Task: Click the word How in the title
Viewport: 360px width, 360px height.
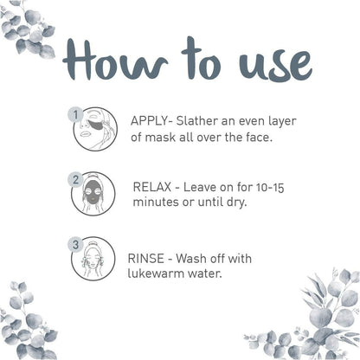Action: pyautogui.click(x=115, y=60)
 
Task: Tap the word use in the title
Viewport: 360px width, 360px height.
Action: pyautogui.click(x=275, y=66)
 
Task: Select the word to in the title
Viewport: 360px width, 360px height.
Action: pyautogui.click(x=201, y=58)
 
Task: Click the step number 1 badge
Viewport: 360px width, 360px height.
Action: pyautogui.click(x=75, y=115)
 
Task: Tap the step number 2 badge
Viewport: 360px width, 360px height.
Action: pyautogui.click(x=75, y=180)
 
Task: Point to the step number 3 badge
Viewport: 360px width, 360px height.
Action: pyautogui.click(x=75, y=245)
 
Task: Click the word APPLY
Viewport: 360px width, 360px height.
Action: pyautogui.click(x=150, y=121)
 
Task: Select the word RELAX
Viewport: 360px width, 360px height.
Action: pyautogui.click(x=152, y=187)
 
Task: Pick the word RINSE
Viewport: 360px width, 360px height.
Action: pyautogui.click(x=146, y=259)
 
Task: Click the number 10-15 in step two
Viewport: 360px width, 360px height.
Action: pyautogui.click(x=270, y=188)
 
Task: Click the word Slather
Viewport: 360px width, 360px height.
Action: pyautogui.click(x=197, y=121)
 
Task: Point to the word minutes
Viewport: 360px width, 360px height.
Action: pyautogui.click(x=156, y=202)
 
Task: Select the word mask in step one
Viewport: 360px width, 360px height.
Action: pyautogui.click(x=160, y=138)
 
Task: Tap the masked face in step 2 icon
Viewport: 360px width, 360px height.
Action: pyautogui.click(x=93, y=192)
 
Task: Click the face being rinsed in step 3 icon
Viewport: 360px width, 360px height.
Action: pyautogui.click(x=93, y=259)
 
